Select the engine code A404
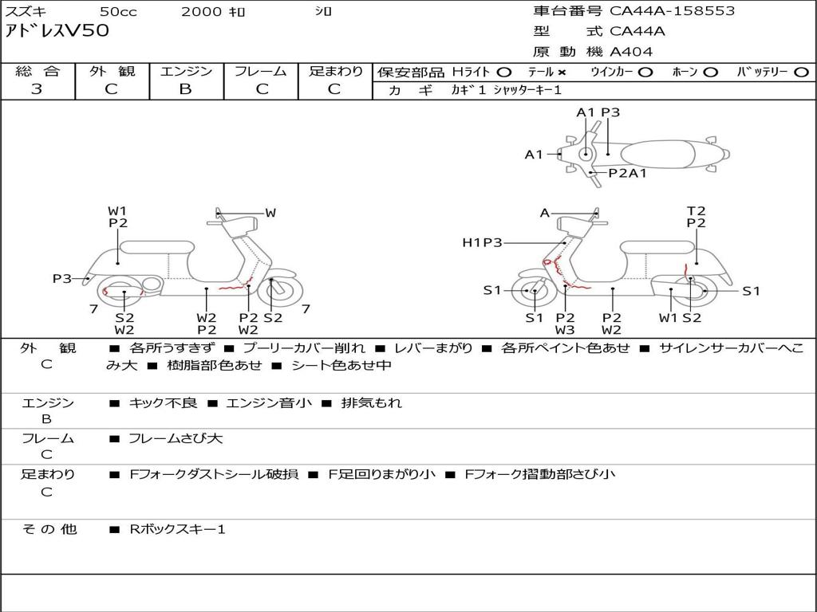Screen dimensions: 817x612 coord(631,52)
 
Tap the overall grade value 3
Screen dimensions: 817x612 coord(37,89)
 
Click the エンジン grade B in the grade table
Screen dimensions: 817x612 coord(185,89)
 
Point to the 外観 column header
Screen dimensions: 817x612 coord(112,71)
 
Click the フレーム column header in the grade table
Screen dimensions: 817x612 coord(260,71)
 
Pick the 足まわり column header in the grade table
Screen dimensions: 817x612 coord(335,71)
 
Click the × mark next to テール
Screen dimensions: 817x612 coord(562,72)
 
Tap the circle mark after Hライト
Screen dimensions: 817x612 coord(504,72)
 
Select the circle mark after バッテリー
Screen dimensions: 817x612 coord(801,72)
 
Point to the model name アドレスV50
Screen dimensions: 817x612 coord(57,32)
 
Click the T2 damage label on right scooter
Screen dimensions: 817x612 coord(697,210)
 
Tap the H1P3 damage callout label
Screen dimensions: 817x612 coord(482,242)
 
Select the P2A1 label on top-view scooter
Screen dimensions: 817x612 coord(627,172)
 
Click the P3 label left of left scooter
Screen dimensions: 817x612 coord(62,278)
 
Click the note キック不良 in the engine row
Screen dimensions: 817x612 coord(163,402)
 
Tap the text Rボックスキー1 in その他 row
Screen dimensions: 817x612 coord(177,528)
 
